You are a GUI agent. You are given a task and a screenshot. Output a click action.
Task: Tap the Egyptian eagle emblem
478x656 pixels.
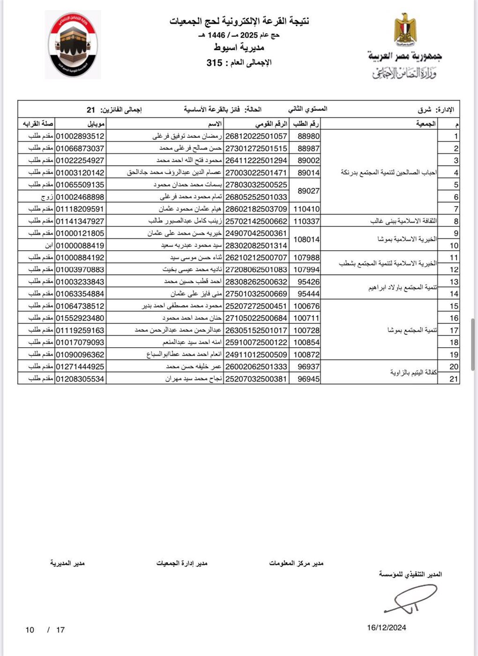click(x=404, y=29)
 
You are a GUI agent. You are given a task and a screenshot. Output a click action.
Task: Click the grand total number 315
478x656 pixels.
click(x=214, y=62)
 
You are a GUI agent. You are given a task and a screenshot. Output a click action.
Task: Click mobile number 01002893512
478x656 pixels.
click(x=80, y=136)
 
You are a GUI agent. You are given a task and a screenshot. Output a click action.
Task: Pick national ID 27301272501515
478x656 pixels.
click(x=256, y=149)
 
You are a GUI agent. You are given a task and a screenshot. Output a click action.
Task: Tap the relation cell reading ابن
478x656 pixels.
click(x=49, y=246)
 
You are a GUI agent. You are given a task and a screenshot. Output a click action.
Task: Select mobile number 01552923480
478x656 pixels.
click(x=80, y=318)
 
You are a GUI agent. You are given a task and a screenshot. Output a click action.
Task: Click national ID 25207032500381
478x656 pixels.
click(x=256, y=379)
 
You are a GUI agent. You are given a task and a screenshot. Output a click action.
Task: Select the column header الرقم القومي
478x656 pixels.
click(x=271, y=124)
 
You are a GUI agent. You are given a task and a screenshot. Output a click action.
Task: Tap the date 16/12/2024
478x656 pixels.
click(x=387, y=628)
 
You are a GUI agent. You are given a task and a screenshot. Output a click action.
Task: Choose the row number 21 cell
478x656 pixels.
click(x=453, y=379)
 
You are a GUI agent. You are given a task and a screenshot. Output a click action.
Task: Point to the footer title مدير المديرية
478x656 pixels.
click(x=67, y=563)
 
